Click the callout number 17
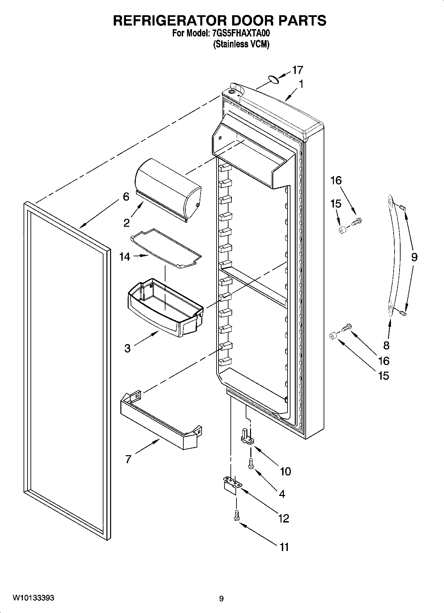(297, 70)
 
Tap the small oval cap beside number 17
(273, 79)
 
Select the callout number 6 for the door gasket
(126, 197)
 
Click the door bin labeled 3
(164, 307)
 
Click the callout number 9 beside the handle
(414, 257)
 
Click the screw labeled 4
(250, 463)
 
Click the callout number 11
(284, 547)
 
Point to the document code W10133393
(33, 598)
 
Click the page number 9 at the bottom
(221, 598)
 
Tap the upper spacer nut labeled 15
(343, 230)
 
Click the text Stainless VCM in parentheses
(241, 44)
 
